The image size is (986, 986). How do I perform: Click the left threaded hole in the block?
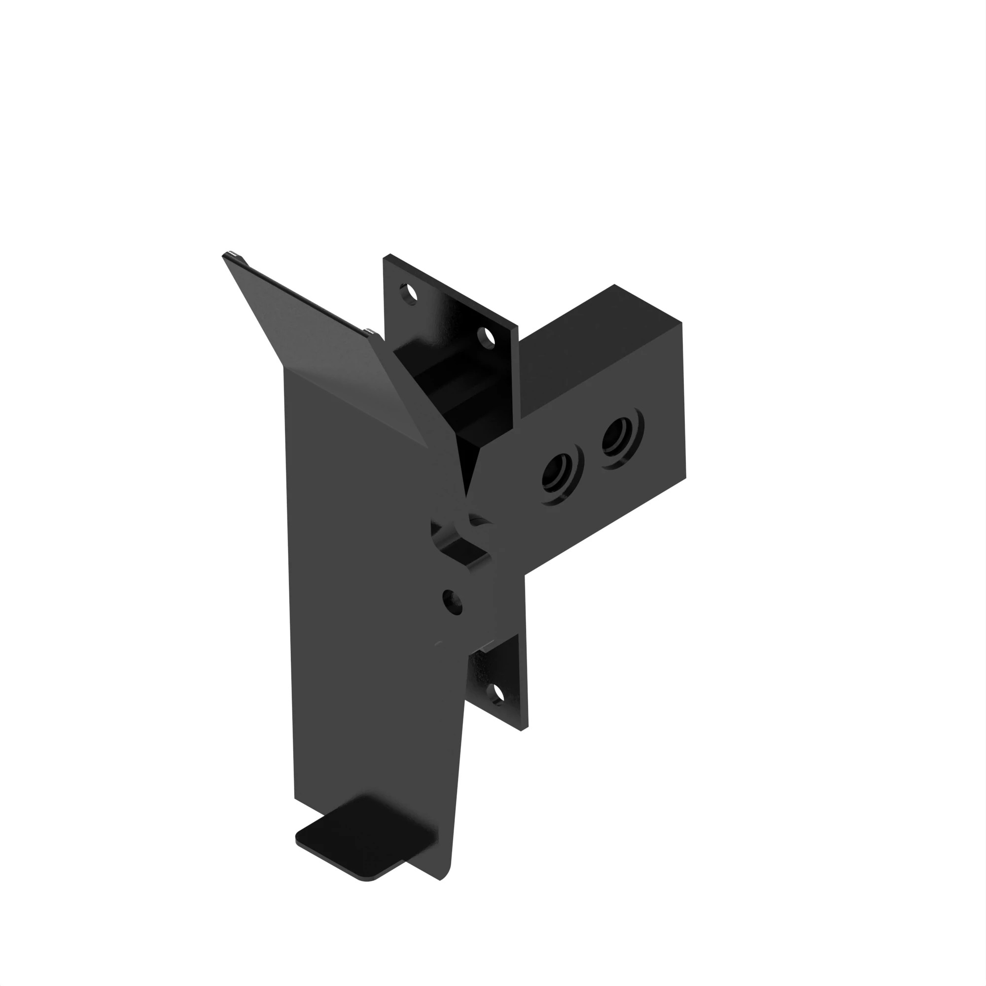(557, 472)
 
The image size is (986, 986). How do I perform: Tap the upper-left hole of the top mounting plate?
(409, 293)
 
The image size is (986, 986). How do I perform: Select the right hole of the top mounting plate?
(487, 337)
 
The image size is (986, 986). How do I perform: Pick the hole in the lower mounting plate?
(496, 694)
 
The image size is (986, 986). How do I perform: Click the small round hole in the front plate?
(452, 602)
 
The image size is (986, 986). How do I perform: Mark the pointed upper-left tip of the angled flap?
(224, 255)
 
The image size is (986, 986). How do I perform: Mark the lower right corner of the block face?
(685, 477)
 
